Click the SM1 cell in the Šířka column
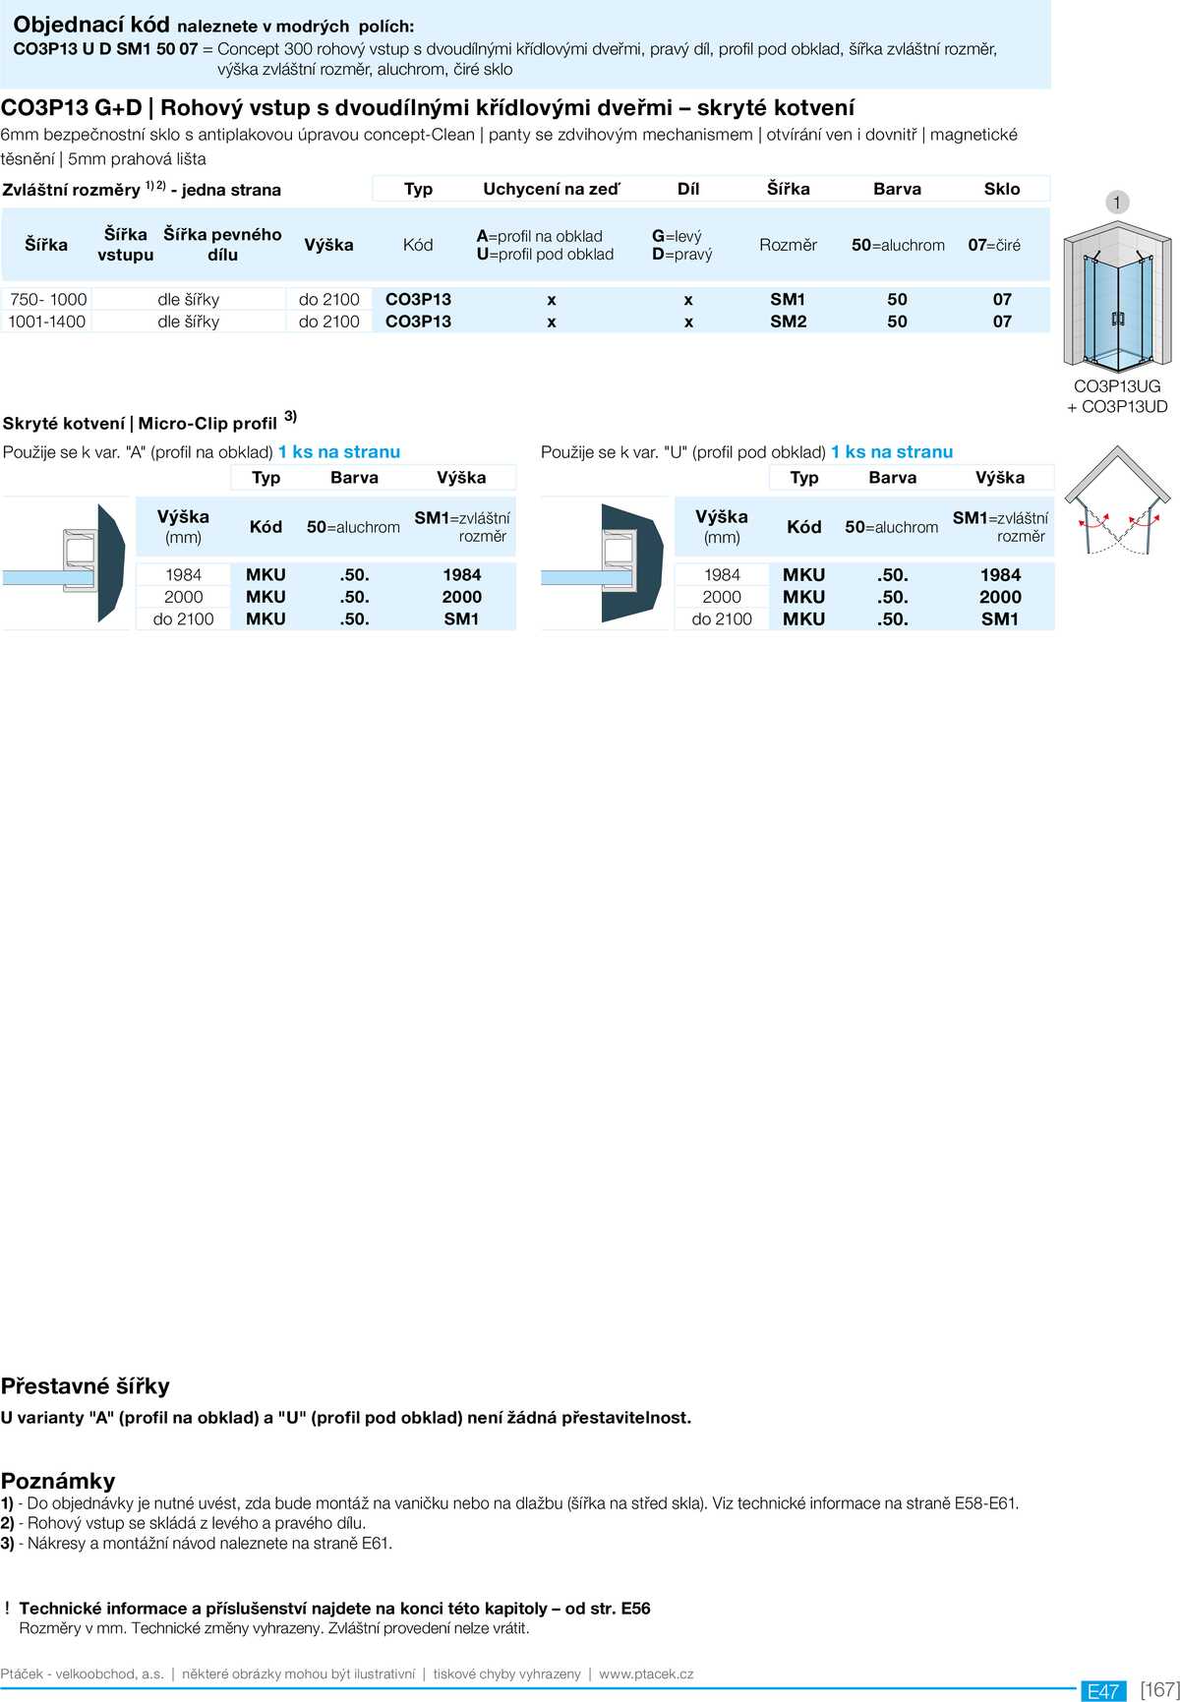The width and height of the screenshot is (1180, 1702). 788,299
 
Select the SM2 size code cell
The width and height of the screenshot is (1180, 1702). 788,322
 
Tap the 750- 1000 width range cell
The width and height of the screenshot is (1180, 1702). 48,299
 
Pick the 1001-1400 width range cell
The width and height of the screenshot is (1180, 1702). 47,322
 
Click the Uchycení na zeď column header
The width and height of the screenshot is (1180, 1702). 551,189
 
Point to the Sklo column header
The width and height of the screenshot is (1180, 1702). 1002,189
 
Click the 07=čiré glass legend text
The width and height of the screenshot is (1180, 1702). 994,245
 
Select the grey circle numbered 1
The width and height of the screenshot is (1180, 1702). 1116,203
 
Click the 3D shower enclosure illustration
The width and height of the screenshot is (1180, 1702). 1117,295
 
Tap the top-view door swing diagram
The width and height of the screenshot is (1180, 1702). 1117,501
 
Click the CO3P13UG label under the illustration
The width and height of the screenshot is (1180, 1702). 1117,386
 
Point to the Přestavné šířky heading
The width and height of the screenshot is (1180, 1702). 86,1386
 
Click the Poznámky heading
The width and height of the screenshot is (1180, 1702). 58,1481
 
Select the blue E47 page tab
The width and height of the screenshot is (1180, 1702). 1103,1690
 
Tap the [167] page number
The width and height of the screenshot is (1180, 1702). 1159,1689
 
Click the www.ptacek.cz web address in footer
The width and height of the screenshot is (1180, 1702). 646,1673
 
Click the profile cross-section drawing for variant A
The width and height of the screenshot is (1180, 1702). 65,563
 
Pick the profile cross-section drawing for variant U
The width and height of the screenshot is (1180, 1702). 603,563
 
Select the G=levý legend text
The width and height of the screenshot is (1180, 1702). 677,236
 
